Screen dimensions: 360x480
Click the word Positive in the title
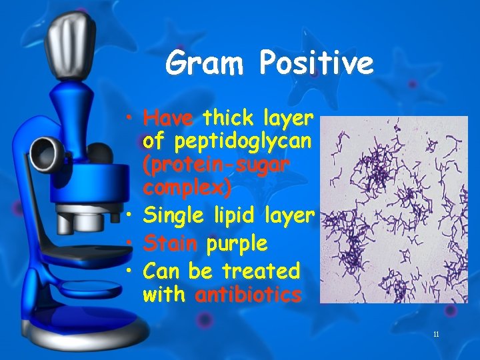[x=317, y=64]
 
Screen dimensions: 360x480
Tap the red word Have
[x=168, y=119]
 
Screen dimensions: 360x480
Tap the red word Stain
[x=170, y=244]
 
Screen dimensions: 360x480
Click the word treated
[x=260, y=271]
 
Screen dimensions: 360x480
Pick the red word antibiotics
[x=248, y=295]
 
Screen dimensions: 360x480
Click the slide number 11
[x=435, y=334]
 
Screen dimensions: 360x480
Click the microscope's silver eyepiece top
[x=66, y=40]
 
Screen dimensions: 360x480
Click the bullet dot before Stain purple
[x=134, y=244]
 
